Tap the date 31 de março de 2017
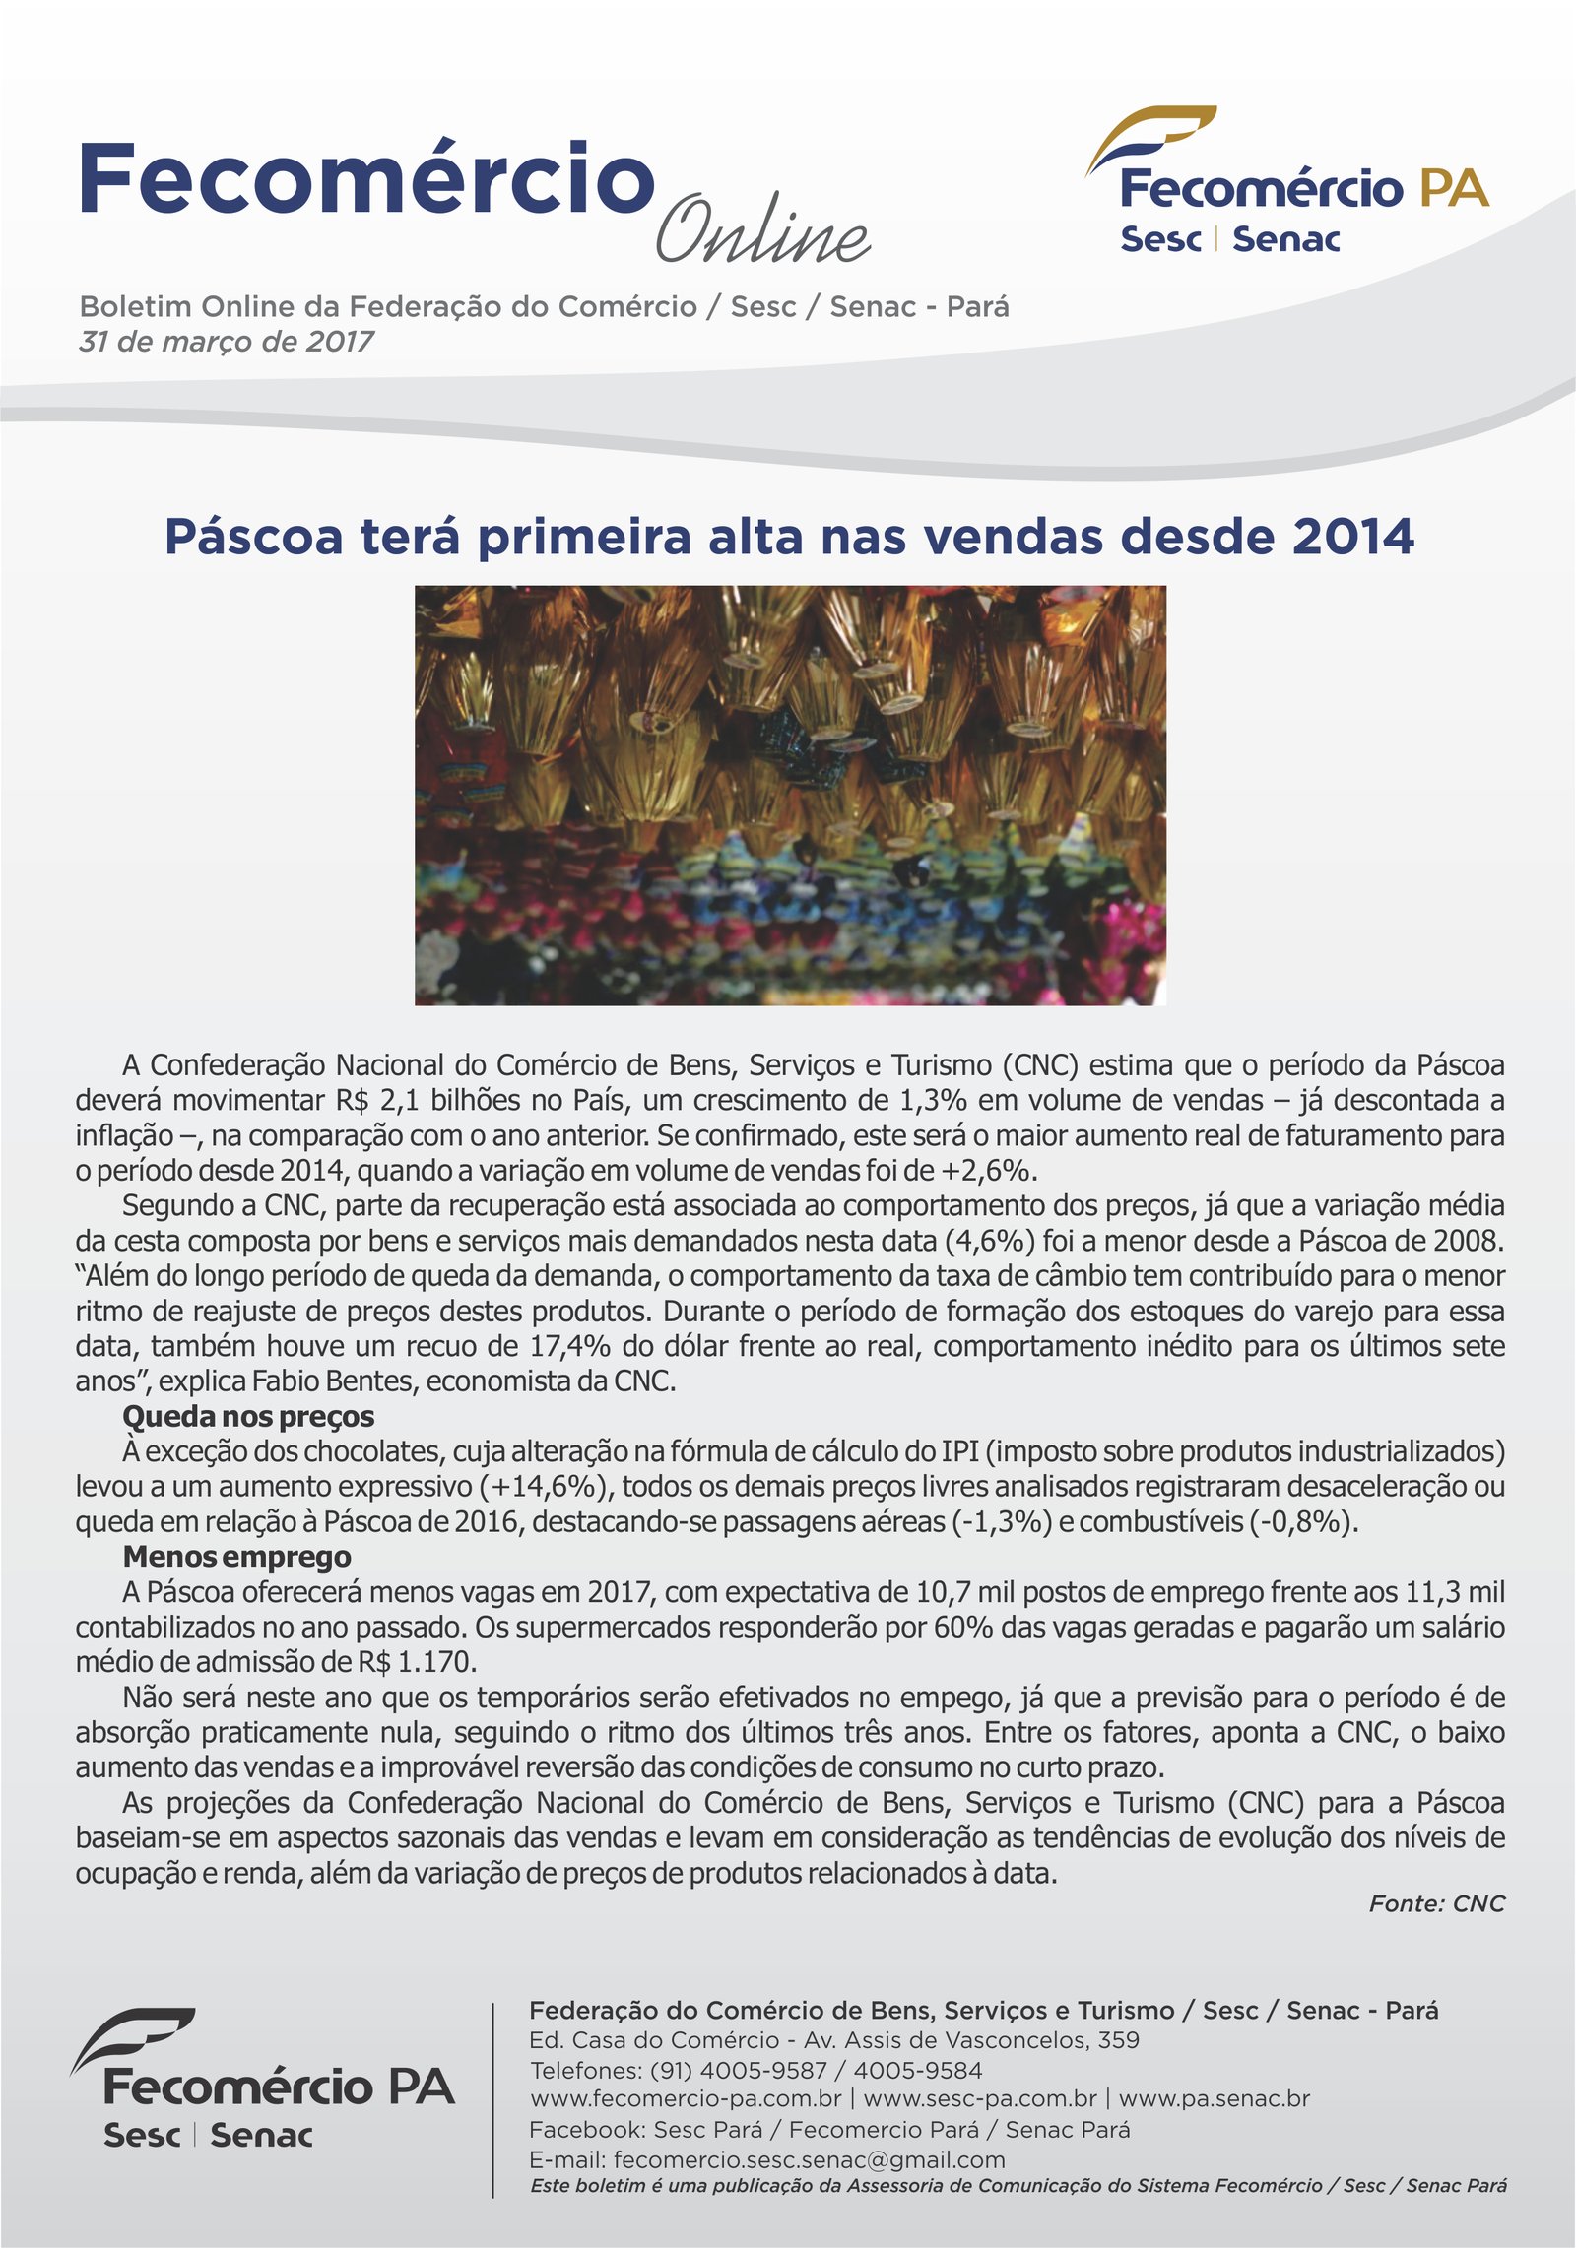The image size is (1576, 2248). click(227, 342)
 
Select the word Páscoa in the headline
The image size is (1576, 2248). click(254, 538)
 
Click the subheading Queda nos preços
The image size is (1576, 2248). click(248, 1416)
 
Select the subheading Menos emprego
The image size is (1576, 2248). click(236, 1556)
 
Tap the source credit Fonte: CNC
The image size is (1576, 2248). click(1436, 1903)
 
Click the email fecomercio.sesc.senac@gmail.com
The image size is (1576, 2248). click(809, 2159)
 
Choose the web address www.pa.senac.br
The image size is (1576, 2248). click(1214, 2098)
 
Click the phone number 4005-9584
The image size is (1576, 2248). click(917, 2070)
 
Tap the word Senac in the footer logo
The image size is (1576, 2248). click(261, 2136)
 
